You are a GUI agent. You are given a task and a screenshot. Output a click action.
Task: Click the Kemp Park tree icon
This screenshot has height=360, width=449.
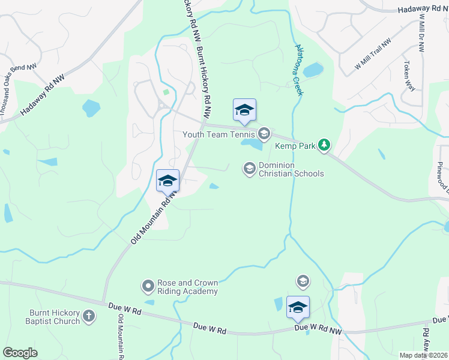324,145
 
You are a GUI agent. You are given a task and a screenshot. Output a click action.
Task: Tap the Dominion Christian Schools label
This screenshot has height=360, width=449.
291,170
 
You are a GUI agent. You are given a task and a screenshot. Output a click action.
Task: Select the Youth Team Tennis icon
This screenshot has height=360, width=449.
264,133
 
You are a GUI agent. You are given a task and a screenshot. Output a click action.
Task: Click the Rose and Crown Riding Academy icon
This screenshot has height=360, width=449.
148,287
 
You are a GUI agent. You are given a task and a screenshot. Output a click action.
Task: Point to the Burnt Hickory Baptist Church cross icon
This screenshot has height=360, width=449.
88,316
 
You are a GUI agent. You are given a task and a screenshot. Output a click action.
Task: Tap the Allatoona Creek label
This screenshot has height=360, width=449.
297,69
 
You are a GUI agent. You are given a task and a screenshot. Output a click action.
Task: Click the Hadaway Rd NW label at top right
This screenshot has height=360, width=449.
423,10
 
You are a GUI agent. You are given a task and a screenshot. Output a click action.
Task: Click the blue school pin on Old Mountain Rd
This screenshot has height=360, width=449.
168,180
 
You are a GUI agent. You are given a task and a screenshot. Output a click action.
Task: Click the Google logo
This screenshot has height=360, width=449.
20,352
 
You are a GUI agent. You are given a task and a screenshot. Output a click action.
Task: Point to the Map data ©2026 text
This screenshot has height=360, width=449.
423,355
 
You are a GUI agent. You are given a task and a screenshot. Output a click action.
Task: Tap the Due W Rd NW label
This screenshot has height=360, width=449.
318,329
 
